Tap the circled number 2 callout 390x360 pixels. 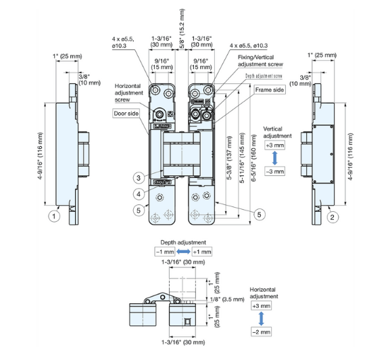pyautogui.click(x=332, y=217)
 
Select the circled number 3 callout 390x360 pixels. pyautogui.click(x=138, y=178)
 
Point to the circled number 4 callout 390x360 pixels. pyautogui.click(x=138, y=194)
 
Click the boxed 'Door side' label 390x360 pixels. pyautogui.click(x=126, y=114)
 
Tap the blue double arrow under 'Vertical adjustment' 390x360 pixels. pyautogui.click(x=273, y=158)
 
